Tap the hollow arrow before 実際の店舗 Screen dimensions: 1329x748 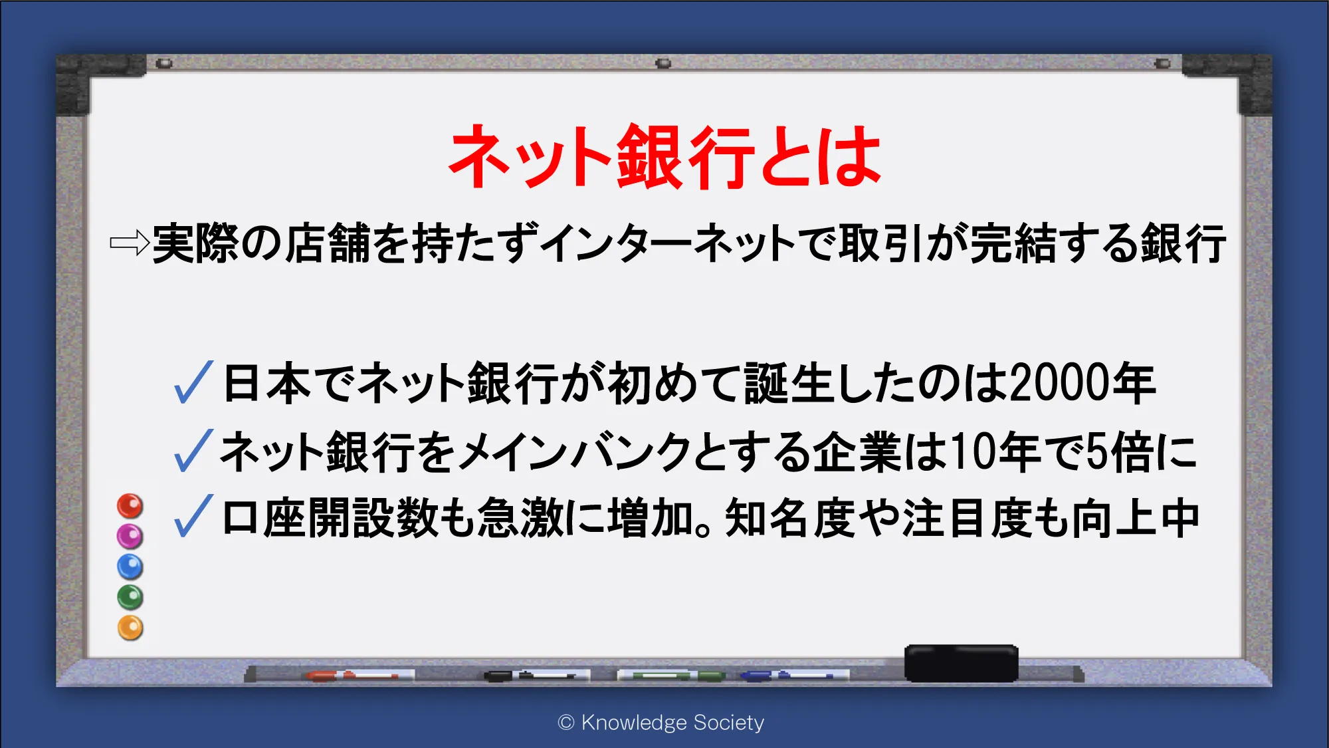click(x=130, y=243)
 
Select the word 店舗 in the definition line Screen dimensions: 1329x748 click(x=328, y=243)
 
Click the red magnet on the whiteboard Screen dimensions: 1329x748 click(x=130, y=506)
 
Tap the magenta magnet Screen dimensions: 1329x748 click(x=130, y=536)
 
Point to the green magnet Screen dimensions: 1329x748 click(x=130, y=597)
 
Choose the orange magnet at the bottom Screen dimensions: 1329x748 click(x=130, y=628)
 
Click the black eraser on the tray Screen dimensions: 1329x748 click(x=961, y=663)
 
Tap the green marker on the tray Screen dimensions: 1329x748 click(x=671, y=676)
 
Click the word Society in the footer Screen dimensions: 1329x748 click(x=729, y=722)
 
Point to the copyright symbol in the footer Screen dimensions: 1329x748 click(x=566, y=722)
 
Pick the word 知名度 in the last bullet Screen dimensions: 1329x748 click(x=791, y=518)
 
